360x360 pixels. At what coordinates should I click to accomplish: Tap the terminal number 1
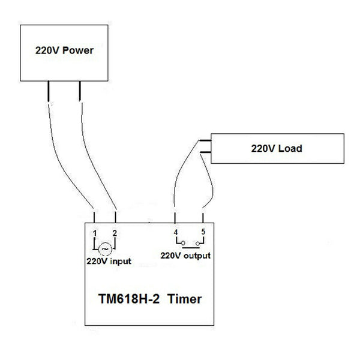(x=95, y=232)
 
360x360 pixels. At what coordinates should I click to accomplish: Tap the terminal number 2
(x=115, y=232)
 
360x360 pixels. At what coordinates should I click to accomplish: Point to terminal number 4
(x=175, y=232)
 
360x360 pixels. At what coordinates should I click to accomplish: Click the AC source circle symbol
(x=105, y=247)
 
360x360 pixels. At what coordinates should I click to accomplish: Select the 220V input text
(x=109, y=261)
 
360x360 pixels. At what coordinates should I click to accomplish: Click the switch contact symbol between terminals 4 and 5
(x=189, y=244)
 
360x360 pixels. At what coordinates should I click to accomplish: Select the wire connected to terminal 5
(x=207, y=186)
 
